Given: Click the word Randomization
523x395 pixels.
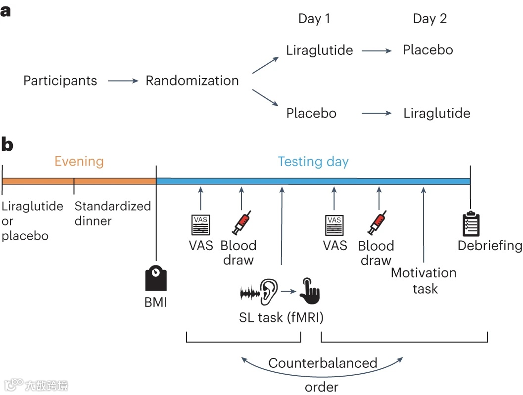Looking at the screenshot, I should click(192, 81).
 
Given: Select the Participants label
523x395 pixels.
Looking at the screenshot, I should click(60, 81).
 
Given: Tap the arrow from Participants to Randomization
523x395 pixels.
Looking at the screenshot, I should click(123, 81).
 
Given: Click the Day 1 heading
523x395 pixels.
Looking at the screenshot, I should click(314, 19).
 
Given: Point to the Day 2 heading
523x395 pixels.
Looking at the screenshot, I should click(429, 19).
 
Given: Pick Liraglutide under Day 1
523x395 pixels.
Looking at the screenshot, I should click(320, 50).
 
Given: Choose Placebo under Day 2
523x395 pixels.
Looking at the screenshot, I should click(428, 50).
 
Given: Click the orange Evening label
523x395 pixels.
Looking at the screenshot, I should click(79, 161).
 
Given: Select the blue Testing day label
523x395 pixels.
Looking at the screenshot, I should click(313, 162).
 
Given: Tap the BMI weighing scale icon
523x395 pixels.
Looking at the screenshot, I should click(156, 279).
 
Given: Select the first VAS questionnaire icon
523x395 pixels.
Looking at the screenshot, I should click(200, 225).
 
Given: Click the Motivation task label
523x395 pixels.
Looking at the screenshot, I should click(424, 280).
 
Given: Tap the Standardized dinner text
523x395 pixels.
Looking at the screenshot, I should click(113, 213).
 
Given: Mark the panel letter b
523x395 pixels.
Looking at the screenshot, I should click(7, 144).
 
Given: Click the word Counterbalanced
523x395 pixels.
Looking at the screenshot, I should click(323, 363).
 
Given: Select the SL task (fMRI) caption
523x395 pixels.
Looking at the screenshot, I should click(281, 317).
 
